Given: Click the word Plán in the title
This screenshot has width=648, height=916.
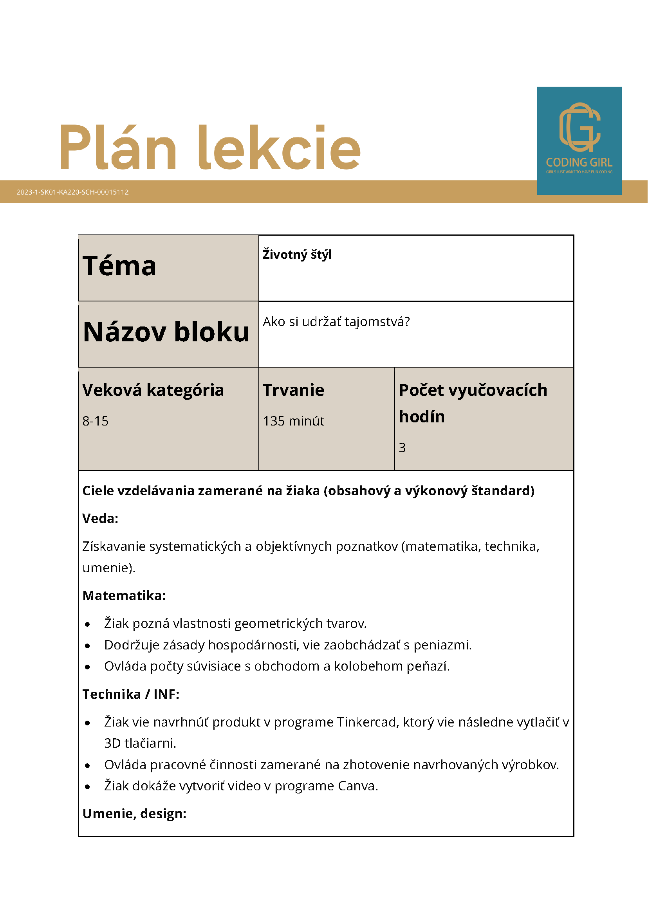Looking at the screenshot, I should tap(118, 148).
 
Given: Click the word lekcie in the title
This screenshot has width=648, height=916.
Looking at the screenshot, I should tap(279, 148).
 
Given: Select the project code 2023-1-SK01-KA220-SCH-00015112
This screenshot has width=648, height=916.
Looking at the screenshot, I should tap(72, 192).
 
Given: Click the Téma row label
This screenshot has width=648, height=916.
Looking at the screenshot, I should tap(119, 266).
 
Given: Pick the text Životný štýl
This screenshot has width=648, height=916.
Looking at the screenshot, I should tap(297, 254).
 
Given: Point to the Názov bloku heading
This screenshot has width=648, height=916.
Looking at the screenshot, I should tap(166, 332).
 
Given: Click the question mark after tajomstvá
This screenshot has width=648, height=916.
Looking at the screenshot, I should tap(407, 321).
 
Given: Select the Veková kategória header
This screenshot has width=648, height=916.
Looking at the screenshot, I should tap(153, 390).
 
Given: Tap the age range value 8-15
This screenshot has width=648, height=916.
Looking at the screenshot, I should tap(96, 421).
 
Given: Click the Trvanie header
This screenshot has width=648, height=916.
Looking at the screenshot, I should tap(293, 390).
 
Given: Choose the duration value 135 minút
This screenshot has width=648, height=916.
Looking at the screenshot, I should tap(293, 421).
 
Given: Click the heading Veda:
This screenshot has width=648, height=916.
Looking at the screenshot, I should tap(100, 518).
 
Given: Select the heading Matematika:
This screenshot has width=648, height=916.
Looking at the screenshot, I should tap(124, 595).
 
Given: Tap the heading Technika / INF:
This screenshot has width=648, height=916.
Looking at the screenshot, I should tap(131, 694).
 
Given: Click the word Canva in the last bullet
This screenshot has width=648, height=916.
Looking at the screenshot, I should tap(357, 786).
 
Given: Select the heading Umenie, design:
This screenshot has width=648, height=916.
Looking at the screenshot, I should tap(134, 813).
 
